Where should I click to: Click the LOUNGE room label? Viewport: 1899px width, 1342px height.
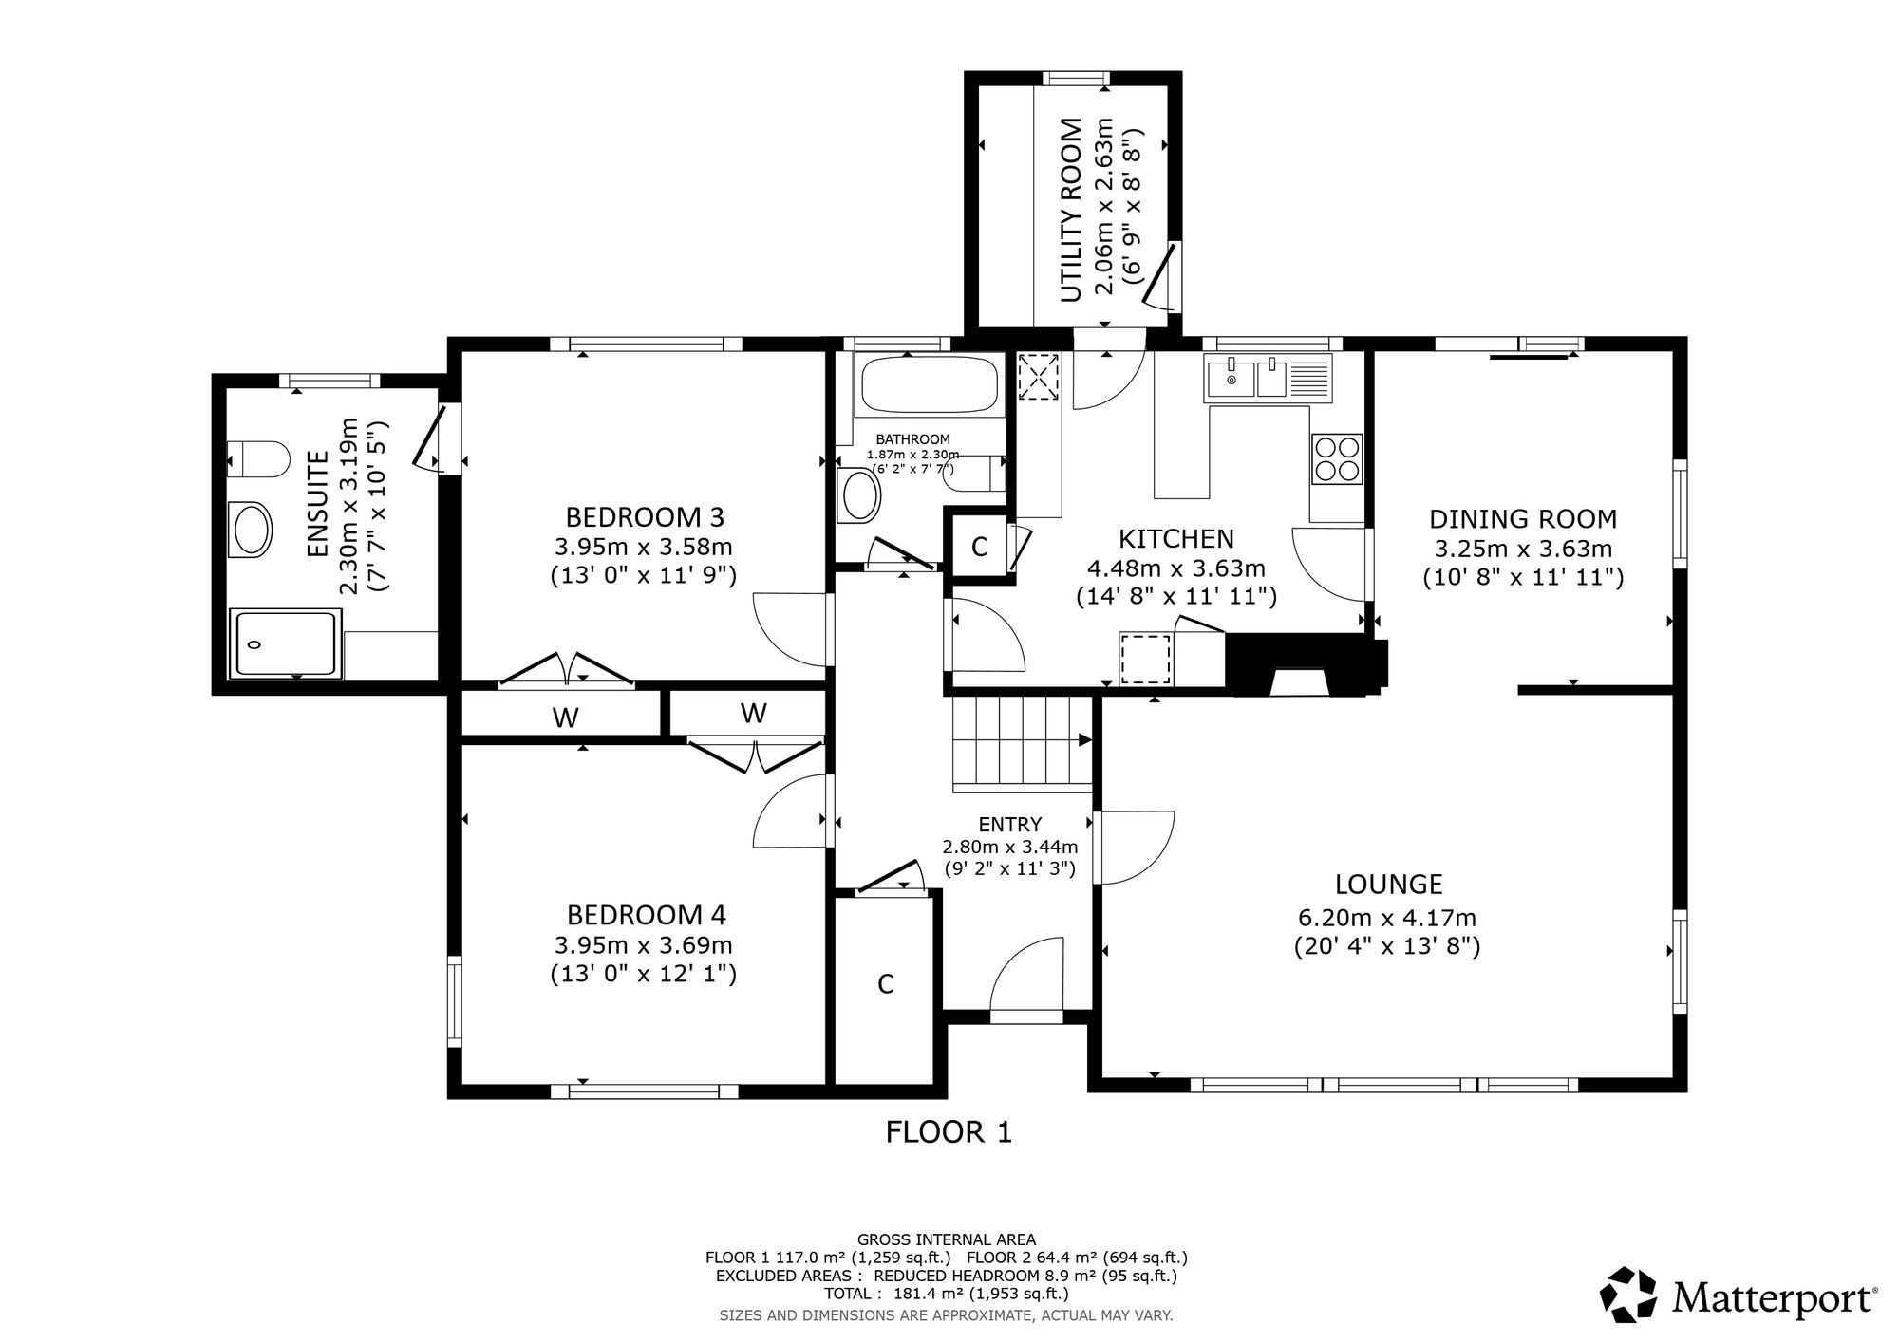point(1388,885)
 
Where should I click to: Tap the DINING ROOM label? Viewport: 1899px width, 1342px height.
point(1523,519)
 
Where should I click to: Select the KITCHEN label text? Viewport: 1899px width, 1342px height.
point(1176,539)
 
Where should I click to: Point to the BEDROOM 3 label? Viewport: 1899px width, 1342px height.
point(645,517)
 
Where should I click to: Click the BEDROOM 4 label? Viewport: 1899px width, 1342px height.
point(647,915)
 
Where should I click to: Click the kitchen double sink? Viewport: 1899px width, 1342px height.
point(1268,377)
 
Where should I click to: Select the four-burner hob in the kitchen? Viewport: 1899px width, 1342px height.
point(1337,458)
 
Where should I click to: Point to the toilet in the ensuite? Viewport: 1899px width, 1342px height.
point(258,459)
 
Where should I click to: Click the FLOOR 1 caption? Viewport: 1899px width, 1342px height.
point(949,1132)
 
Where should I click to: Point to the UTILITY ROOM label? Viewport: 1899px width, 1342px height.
point(1071,211)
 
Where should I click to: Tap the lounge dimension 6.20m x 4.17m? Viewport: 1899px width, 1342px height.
point(1387,919)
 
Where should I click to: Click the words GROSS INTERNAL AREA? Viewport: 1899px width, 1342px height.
point(947,1239)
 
